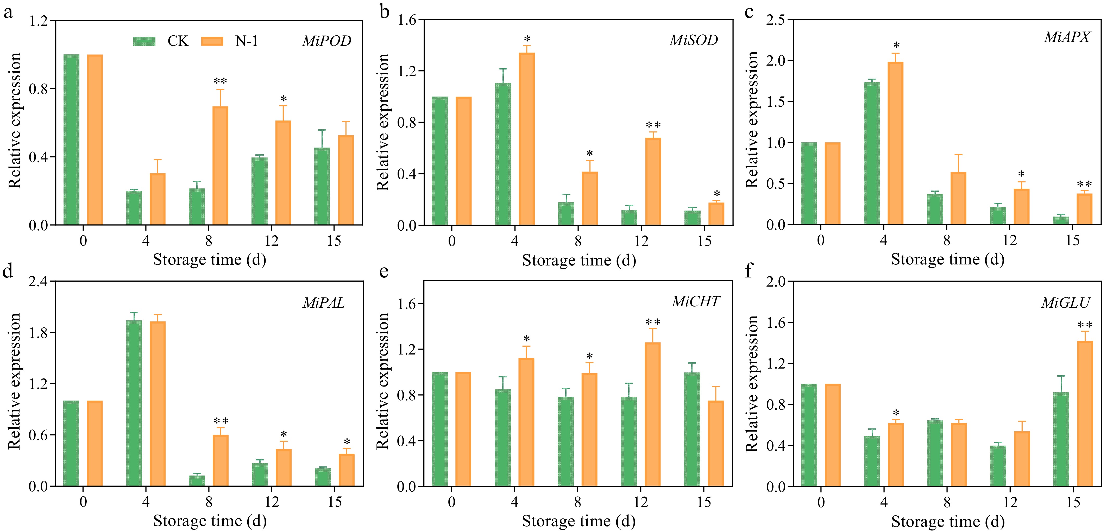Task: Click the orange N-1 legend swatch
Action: [212, 41]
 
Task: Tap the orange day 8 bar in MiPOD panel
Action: [221, 166]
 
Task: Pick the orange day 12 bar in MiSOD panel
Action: [653, 181]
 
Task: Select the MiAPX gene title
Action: [1067, 37]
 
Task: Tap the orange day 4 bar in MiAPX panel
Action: [896, 143]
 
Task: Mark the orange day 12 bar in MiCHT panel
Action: [653, 414]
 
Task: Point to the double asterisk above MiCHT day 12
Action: [653, 322]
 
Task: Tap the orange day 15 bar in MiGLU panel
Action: [1085, 413]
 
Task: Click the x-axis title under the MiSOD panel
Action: [579, 260]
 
